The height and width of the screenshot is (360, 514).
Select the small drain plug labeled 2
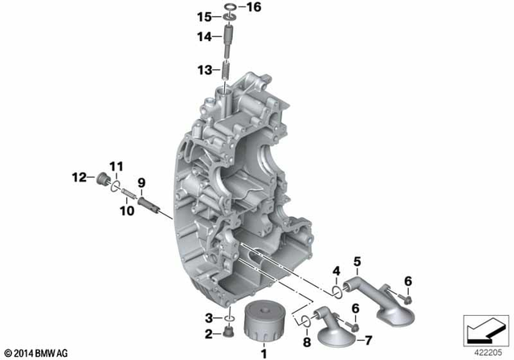[229, 332]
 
